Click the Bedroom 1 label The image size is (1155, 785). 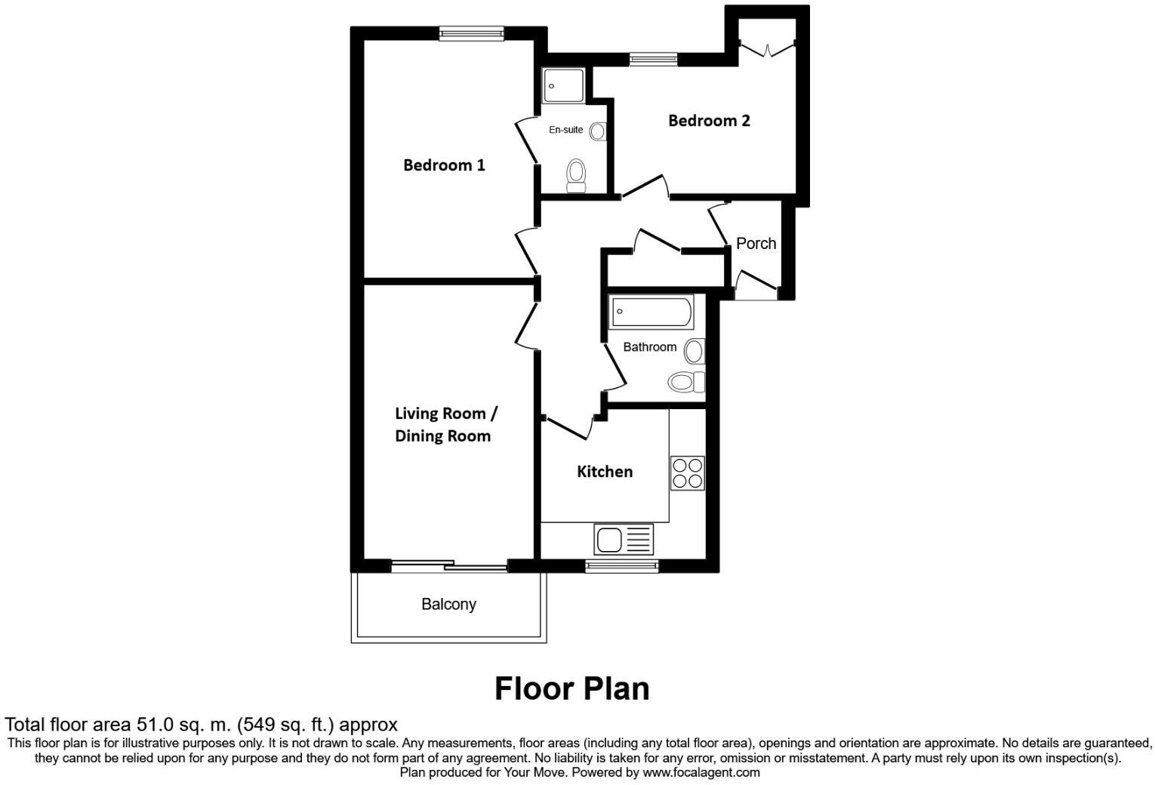tap(444, 165)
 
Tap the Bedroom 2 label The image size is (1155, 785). tap(709, 121)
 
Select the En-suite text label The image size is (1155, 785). tap(565, 130)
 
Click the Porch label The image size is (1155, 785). tap(756, 243)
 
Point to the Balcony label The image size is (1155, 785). tap(448, 604)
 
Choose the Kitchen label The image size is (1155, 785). tap(605, 472)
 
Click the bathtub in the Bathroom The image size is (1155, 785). tap(652, 312)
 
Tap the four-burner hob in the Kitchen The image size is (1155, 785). tap(688, 473)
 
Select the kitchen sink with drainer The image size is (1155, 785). tap(624, 540)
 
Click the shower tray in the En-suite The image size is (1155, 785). tap(563, 86)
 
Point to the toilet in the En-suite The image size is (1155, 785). tap(576, 176)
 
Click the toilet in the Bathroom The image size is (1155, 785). tap(685, 382)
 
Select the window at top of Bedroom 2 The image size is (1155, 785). tap(654, 60)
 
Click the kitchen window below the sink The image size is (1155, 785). tap(623, 565)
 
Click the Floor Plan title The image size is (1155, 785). tap(571, 688)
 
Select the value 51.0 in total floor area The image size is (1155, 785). tap(155, 725)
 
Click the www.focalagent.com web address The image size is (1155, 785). tap(701, 772)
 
